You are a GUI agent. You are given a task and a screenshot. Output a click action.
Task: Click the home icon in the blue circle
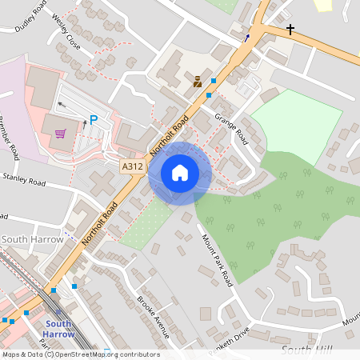pos(180,173)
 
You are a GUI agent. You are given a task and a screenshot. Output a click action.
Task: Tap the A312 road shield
pos(133,166)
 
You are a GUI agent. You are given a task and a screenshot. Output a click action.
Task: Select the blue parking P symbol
pos(94,120)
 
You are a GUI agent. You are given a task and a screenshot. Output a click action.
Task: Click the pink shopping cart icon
pos(60,134)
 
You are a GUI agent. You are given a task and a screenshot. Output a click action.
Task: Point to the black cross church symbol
pos(290,30)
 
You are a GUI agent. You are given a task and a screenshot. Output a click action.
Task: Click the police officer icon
pos(197,81)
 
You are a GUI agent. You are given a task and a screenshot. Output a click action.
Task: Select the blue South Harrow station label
pos(57,329)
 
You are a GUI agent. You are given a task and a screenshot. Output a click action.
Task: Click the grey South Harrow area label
pos(26,239)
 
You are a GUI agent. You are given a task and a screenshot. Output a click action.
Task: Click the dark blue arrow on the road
pos(246,37)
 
